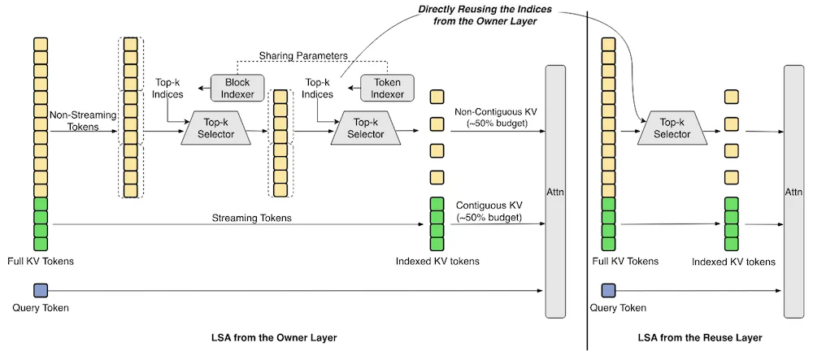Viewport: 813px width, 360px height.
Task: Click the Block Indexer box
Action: tap(237, 88)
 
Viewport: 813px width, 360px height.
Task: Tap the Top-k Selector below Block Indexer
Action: tap(215, 128)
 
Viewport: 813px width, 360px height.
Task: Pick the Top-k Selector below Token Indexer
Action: tap(366, 128)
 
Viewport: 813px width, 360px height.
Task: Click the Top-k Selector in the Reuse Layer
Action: tap(672, 128)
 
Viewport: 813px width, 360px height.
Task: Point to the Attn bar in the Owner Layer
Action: tap(555, 191)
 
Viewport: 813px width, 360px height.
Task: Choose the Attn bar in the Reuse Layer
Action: tap(793, 191)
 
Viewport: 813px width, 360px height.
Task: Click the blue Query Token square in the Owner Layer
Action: tap(41, 290)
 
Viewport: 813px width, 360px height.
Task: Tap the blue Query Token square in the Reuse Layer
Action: tap(608, 290)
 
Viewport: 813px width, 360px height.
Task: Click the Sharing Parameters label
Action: tap(303, 55)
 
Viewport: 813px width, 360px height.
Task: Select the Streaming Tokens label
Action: tap(251, 218)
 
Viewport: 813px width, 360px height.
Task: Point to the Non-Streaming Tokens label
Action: tap(74, 120)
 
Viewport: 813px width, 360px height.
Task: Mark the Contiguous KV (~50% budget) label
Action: tap(489, 211)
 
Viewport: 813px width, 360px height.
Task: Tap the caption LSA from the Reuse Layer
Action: tap(700, 338)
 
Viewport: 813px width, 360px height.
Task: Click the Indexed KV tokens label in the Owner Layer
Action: tap(437, 261)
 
